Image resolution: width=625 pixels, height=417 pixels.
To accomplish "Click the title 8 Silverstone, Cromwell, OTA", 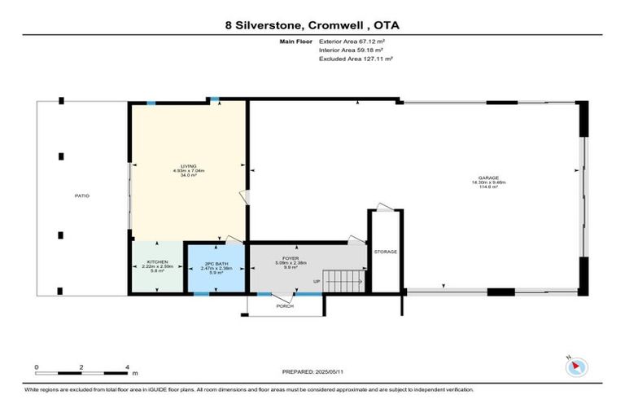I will (x=312, y=25).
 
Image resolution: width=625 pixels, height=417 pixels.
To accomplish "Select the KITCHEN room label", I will (x=157, y=261).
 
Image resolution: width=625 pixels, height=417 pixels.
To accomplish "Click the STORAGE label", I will (x=386, y=252).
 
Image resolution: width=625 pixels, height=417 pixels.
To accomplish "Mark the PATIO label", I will (x=81, y=195).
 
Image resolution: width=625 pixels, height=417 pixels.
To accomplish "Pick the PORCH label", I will (x=285, y=305).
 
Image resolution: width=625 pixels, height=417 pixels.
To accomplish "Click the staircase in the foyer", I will (x=342, y=282).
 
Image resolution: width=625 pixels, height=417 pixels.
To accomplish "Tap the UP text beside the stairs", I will (x=317, y=282).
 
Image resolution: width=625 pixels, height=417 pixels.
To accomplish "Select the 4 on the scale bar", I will (x=128, y=367).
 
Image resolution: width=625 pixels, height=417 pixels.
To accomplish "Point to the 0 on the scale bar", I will (x=37, y=367).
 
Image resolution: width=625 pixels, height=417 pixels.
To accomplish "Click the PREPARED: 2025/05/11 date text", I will (x=312, y=371).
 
